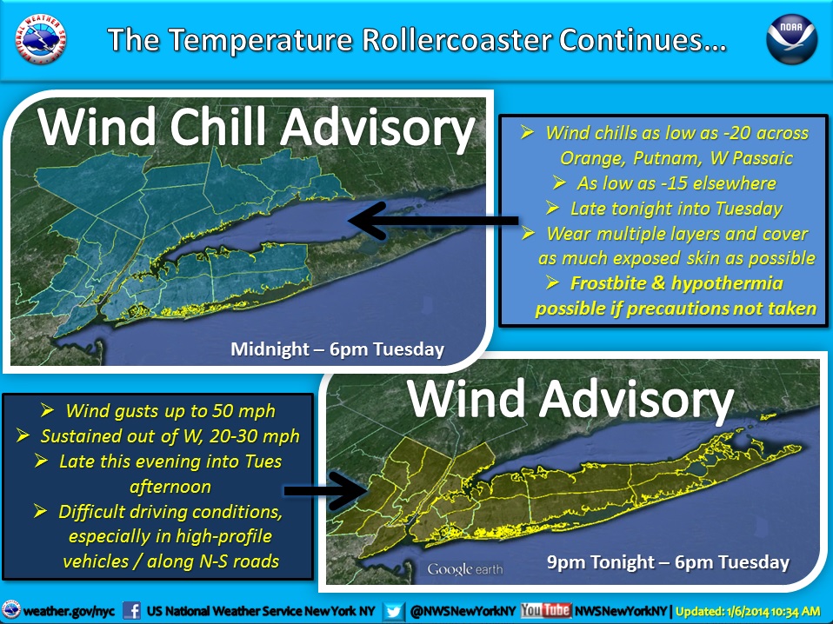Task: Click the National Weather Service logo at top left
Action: pyautogui.click(x=40, y=39)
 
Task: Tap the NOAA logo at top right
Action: pyautogui.click(x=791, y=39)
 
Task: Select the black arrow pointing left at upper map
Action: pyautogui.click(x=432, y=221)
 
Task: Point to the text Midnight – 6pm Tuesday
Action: pyautogui.click(x=337, y=349)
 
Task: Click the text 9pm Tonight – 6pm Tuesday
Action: pyautogui.click(x=668, y=562)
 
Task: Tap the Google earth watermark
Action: pyautogui.click(x=465, y=569)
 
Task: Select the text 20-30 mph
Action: pyautogui.click(x=255, y=436)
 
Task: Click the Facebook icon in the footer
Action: pyautogui.click(x=131, y=611)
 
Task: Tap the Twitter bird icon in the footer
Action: pyautogui.click(x=394, y=611)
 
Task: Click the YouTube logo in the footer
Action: pyautogui.click(x=545, y=611)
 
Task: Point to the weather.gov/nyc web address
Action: pyautogui.click(x=69, y=611)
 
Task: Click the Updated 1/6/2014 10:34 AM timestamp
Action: pyautogui.click(x=748, y=611)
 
